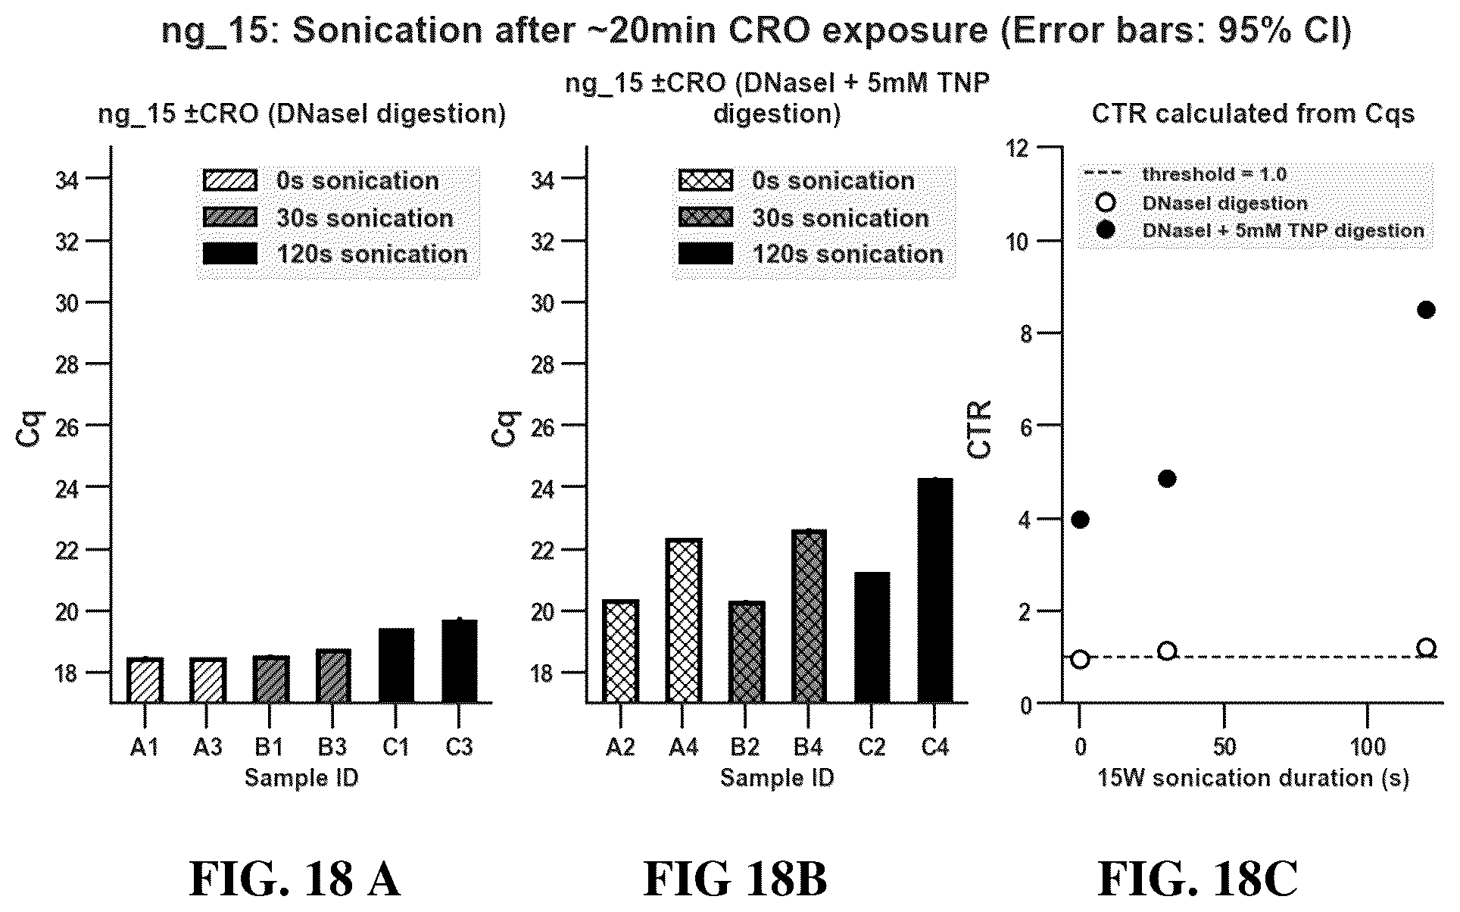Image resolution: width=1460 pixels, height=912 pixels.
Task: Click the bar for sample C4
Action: pos(935,590)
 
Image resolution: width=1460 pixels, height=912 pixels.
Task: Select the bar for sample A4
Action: pos(683,620)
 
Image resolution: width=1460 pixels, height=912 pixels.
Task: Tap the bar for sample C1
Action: pos(396,665)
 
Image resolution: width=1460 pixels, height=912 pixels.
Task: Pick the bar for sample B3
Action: pos(333,676)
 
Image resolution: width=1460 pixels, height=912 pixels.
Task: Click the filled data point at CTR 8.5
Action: pos(1426,310)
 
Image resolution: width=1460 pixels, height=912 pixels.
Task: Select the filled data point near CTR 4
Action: pos(1081,520)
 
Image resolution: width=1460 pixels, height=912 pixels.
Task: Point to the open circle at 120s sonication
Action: pos(1426,648)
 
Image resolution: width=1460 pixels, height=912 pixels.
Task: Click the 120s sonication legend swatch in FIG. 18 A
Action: pos(230,254)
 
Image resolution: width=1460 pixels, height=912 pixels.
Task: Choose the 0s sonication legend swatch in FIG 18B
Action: pos(706,180)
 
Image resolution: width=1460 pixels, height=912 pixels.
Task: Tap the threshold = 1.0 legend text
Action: pos(1215,174)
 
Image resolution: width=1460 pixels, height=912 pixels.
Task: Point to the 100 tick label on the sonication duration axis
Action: pos(1368,748)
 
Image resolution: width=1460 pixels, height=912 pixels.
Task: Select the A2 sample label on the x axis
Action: pos(620,748)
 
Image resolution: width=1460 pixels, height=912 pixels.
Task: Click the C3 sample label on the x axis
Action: pos(459,748)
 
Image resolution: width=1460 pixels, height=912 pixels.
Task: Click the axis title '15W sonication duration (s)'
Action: pos(1253,779)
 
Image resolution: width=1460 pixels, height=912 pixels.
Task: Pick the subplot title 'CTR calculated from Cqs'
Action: pos(1253,114)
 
